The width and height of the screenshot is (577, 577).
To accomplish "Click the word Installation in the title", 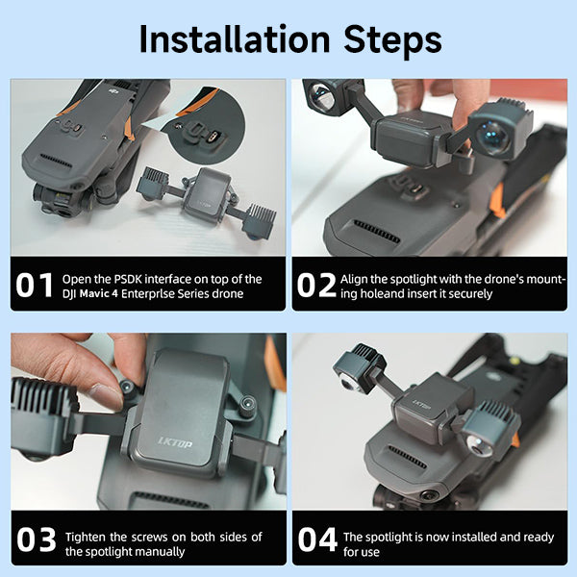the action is coord(235,39).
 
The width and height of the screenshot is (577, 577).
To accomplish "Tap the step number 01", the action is coord(35,286).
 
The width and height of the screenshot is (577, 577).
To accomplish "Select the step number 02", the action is coord(316,286).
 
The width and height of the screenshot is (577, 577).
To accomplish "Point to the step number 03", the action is coord(37,539).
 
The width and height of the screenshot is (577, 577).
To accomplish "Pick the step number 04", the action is coord(317,539).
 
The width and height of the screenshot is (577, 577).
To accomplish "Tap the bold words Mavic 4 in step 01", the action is coord(99,294).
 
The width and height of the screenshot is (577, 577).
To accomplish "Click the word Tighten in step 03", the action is coord(86,538).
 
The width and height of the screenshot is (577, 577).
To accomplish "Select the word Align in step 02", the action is coord(354,280).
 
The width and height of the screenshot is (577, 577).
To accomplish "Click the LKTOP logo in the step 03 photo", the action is coord(175,442).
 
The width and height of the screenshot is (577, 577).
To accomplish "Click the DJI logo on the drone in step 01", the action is coord(113,89).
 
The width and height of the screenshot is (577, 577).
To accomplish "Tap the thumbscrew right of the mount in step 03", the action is coord(247,406).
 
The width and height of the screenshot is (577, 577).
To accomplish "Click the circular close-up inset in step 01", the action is coord(205,125).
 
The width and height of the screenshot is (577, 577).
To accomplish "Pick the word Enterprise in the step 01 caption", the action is coord(147,294).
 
